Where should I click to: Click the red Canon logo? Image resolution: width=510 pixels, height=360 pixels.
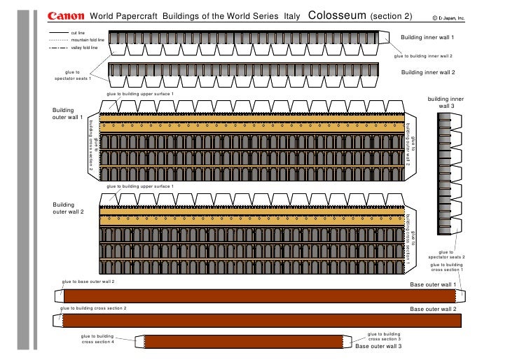point(67,16)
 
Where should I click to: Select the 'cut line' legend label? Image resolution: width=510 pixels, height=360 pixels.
point(78,33)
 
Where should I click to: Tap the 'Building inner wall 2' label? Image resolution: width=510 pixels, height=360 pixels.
point(428,72)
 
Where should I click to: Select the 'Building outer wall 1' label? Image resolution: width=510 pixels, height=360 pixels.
point(68,113)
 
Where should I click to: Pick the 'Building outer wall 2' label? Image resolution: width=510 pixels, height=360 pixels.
point(68,208)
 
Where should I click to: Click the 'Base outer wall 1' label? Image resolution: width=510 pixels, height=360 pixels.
point(433,285)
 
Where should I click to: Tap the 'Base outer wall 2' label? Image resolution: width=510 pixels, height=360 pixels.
point(433,309)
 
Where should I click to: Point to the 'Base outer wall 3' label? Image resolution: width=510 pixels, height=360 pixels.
point(378,346)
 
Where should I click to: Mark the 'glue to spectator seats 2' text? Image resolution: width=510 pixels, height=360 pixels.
point(446,255)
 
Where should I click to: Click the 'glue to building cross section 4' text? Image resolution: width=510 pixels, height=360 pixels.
point(97,338)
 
